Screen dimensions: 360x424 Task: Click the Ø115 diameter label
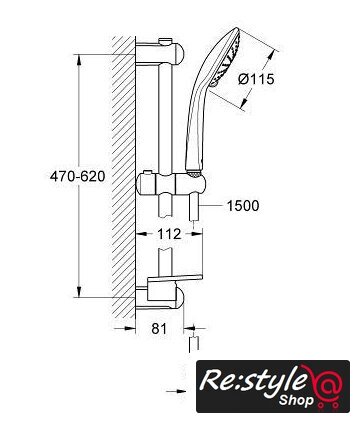click(257, 79)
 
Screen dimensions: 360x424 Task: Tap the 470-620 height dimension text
click(77, 176)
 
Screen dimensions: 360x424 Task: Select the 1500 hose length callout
click(243, 206)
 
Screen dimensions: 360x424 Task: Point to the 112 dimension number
click(169, 234)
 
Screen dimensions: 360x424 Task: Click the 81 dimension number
click(159, 329)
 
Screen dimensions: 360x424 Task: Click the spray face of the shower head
click(230, 58)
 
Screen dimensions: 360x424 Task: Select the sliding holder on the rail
click(170, 185)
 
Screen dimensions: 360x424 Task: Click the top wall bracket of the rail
click(159, 53)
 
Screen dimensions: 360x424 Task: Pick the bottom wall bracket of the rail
click(159, 298)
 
